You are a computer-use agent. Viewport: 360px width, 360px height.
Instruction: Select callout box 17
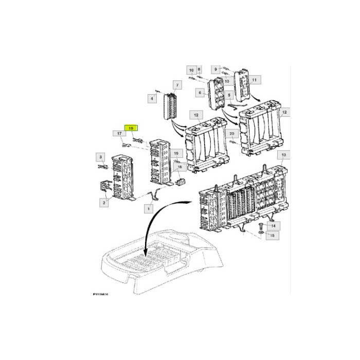click(119, 134)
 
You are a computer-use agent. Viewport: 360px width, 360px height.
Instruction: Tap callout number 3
click(101, 156)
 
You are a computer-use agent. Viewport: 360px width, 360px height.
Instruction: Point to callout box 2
click(104, 203)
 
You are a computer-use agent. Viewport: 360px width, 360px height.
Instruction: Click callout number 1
click(148, 209)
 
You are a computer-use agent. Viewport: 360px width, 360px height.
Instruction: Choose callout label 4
click(152, 97)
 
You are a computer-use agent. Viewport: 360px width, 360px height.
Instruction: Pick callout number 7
click(177, 85)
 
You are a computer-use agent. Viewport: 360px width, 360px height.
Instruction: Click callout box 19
click(176, 154)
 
